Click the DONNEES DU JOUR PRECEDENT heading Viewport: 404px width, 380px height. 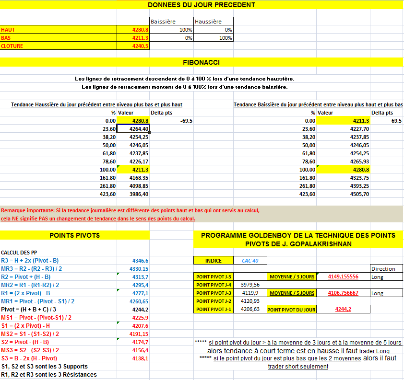pyautogui.click(x=202, y=5)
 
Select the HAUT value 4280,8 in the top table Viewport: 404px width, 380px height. pyautogui.click(x=140, y=30)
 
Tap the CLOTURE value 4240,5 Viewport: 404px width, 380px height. pyautogui.click(x=140, y=46)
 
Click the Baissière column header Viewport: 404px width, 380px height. pyautogui.click(x=163, y=22)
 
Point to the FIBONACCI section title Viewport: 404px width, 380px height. pyautogui.click(x=202, y=62)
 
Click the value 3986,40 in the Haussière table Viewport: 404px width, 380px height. pyautogui.click(x=139, y=194)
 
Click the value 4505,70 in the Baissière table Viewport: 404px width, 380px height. pyautogui.click(x=359, y=194)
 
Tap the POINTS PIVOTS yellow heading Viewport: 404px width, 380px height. pyautogui.click(x=75, y=235)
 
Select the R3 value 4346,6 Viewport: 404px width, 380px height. pyautogui.click(x=140, y=260)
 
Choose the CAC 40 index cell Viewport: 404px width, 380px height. pyautogui.click(x=250, y=261)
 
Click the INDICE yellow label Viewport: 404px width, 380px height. pyautogui.click(x=214, y=261)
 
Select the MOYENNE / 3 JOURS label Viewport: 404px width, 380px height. pyautogui.click(x=292, y=277)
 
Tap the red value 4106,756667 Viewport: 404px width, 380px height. pyautogui.click(x=343, y=293)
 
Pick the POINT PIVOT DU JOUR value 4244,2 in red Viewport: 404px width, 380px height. pyautogui.click(x=343, y=310)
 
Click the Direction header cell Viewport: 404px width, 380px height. pyautogui.click(x=383, y=269)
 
